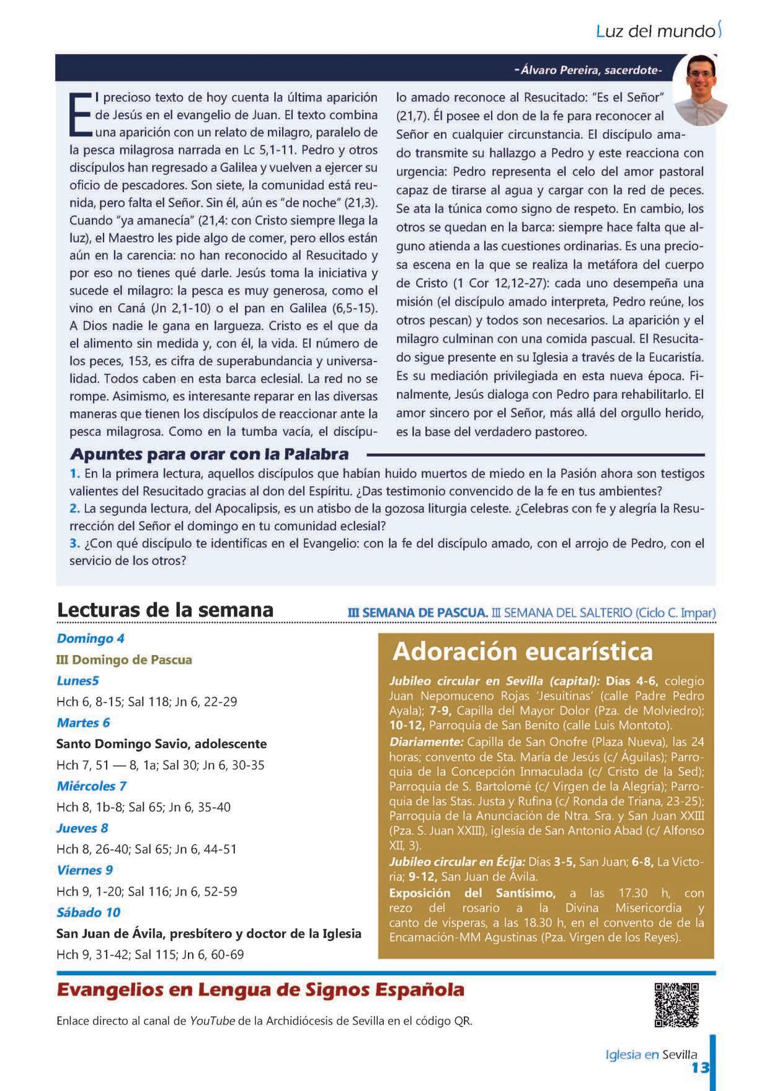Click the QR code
tap(677, 1005)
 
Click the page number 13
tap(700, 1067)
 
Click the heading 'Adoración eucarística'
tap(523, 652)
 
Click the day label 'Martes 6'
tap(83, 723)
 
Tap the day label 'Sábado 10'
tap(88, 912)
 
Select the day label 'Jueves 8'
tap(82, 828)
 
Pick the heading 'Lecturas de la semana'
tap(165, 610)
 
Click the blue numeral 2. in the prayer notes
tap(74, 509)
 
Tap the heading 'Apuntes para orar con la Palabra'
tap(210, 455)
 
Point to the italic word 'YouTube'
tap(212, 1021)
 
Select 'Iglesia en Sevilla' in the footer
tap(651, 1054)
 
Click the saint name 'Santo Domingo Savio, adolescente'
tap(161, 744)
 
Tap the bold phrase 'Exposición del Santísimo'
tap(472, 893)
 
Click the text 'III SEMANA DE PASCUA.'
tap(419, 613)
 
